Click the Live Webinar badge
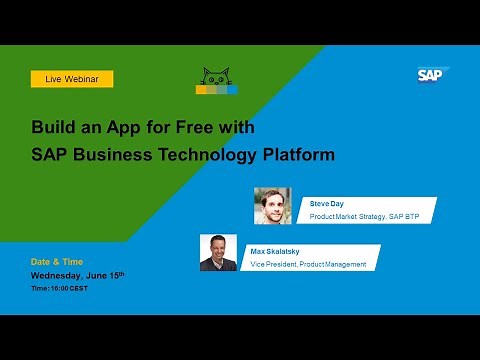tap(72, 78)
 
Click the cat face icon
tap(217, 76)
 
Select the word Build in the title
tap(51, 129)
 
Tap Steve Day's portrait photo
tap(272, 205)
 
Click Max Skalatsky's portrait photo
tap(218, 252)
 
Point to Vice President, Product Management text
tap(308, 264)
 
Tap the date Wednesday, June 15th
tap(78, 274)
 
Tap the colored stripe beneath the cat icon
tap(216, 90)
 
